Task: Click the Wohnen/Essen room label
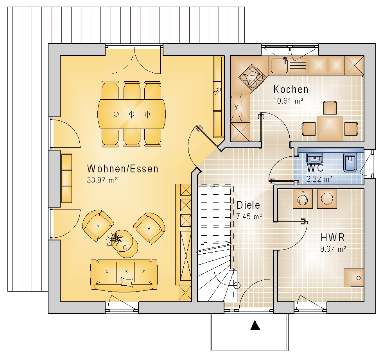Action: (x=123, y=169)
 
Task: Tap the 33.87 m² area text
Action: (x=102, y=180)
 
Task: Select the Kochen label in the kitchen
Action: (x=291, y=89)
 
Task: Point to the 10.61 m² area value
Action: (x=288, y=101)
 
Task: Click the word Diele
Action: (x=248, y=205)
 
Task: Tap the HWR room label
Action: (x=333, y=238)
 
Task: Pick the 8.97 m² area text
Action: (x=334, y=249)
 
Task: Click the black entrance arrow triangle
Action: (x=255, y=325)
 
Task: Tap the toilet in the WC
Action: (x=350, y=163)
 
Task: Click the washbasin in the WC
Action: (x=314, y=158)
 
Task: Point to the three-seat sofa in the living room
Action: (x=124, y=275)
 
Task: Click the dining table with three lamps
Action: (x=132, y=114)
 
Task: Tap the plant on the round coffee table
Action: (x=115, y=238)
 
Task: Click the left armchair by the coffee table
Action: (x=98, y=226)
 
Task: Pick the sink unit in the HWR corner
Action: (x=354, y=278)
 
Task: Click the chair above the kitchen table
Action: (x=330, y=108)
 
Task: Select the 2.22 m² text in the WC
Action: (x=319, y=179)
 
